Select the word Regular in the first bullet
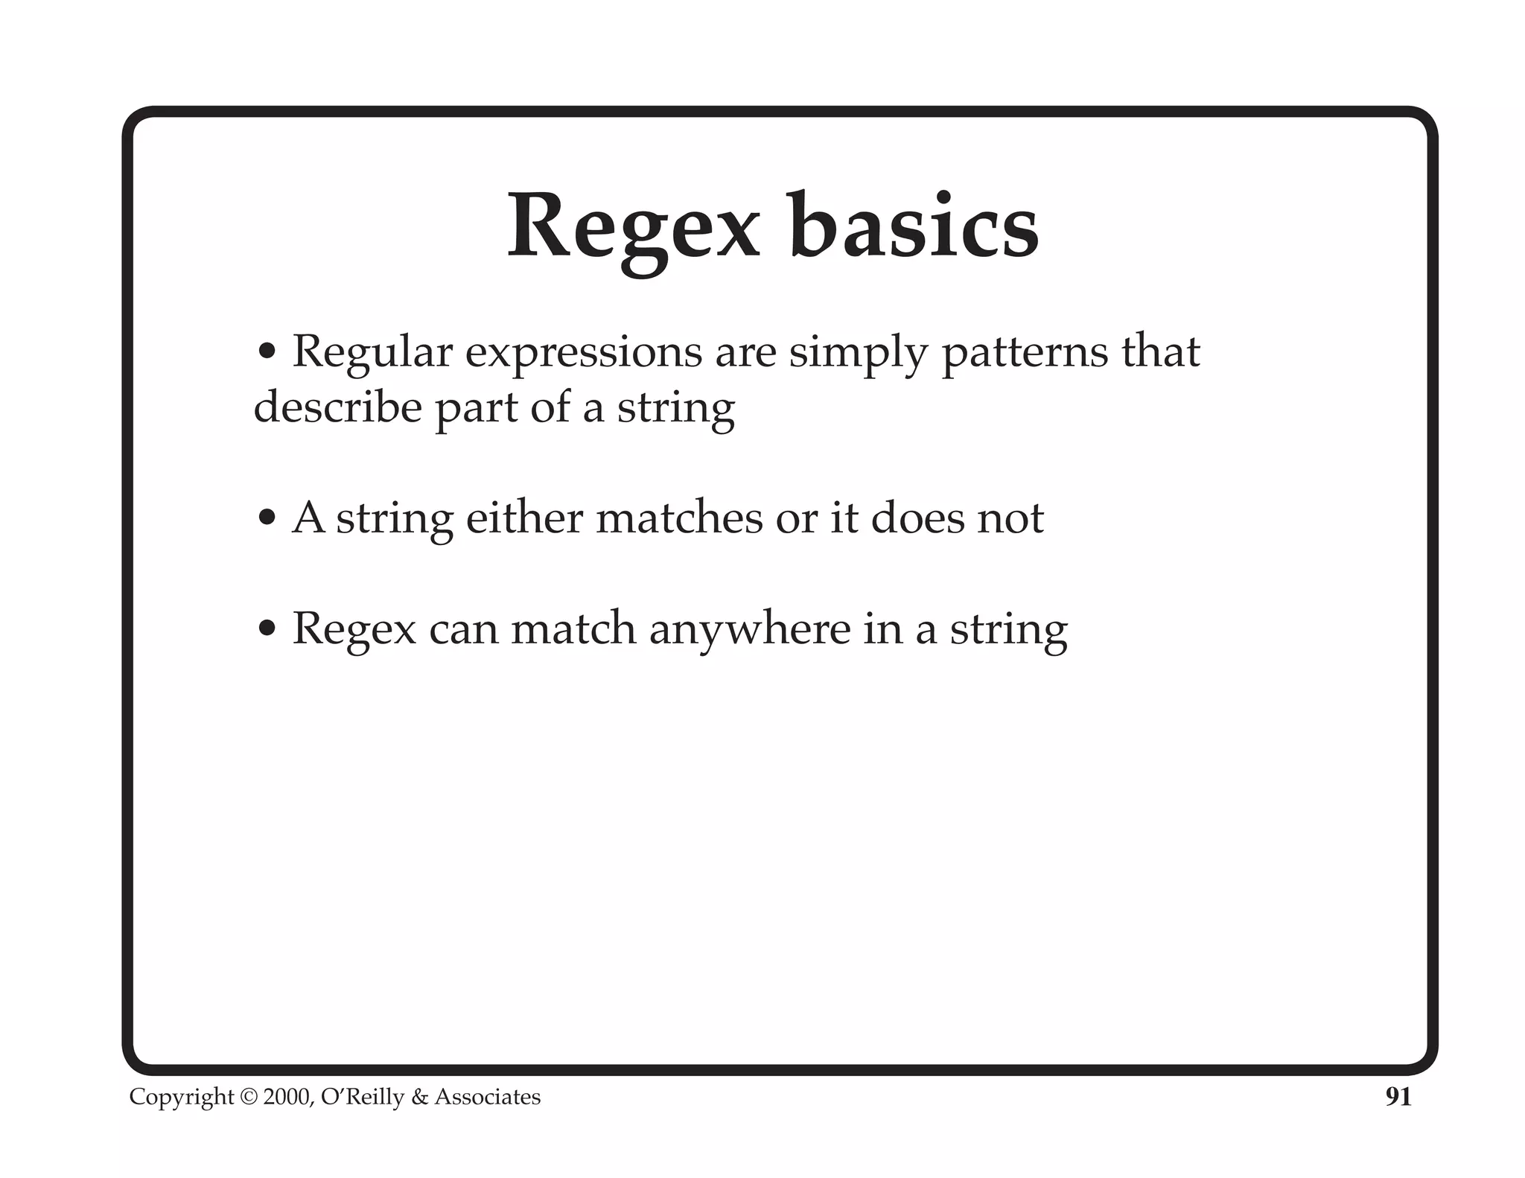point(372,351)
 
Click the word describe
point(337,407)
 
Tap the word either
point(523,518)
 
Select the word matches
point(679,518)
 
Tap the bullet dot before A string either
point(267,518)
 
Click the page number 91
point(1398,1097)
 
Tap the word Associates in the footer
point(488,1098)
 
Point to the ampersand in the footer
point(419,1098)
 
